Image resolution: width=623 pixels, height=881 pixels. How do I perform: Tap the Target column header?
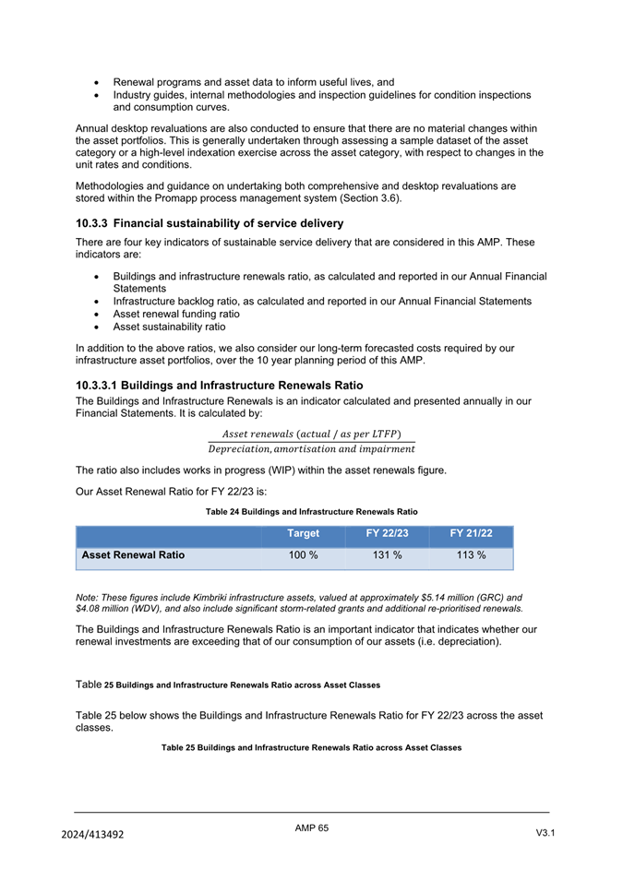tap(303, 533)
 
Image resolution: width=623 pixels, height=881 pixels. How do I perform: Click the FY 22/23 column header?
tap(387, 533)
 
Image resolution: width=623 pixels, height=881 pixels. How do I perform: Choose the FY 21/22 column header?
tap(471, 533)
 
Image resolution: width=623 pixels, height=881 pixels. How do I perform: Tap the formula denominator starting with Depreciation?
tap(311, 449)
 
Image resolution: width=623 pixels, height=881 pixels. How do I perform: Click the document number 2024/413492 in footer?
tap(92, 834)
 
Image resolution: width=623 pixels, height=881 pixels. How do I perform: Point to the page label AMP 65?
tap(311, 828)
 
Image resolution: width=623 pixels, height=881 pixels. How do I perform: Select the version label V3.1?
tap(545, 833)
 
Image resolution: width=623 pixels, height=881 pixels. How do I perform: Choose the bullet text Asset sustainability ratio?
tap(169, 327)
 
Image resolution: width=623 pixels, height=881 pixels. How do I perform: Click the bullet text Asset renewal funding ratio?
tap(176, 314)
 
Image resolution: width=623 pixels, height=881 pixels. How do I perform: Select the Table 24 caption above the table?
tap(311, 511)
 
